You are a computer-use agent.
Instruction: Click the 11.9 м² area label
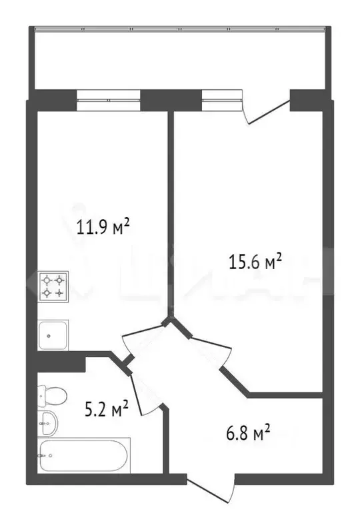[x=102, y=229]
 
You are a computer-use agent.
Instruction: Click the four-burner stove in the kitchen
[x=53, y=286]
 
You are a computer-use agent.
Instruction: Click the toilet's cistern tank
[x=41, y=396]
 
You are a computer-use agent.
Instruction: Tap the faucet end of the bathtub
[x=45, y=456]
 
